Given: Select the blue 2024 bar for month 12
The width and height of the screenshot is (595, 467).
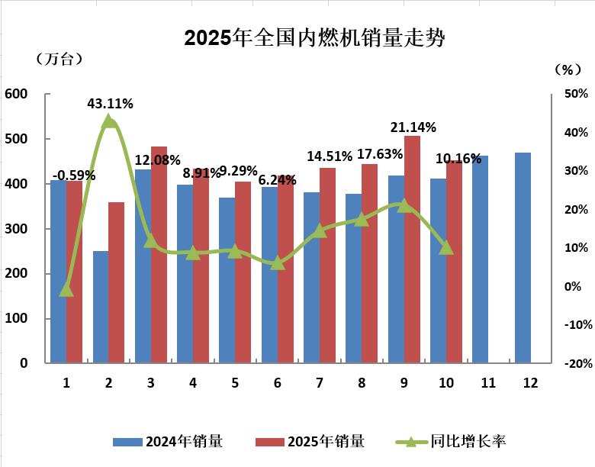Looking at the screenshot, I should click(x=523, y=258).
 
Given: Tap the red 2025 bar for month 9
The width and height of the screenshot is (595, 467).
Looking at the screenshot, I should click(x=412, y=250).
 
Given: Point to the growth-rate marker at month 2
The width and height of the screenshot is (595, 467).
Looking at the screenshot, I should click(x=109, y=121).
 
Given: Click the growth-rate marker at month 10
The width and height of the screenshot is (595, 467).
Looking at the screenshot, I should click(x=446, y=247).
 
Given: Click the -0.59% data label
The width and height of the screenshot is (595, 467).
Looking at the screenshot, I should click(x=74, y=175).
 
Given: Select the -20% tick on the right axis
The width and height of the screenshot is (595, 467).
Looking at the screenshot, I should click(x=574, y=363).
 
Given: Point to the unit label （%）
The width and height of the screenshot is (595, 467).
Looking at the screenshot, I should click(x=567, y=69).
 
